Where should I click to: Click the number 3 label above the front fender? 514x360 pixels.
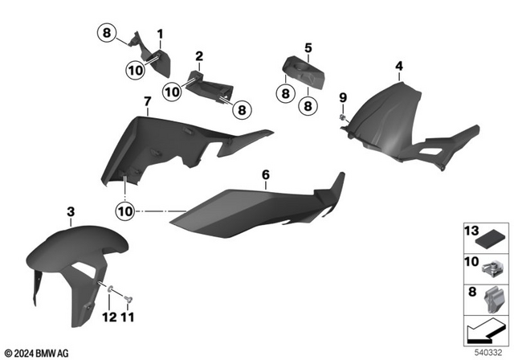point(71,211)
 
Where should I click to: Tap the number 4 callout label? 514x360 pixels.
point(398,65)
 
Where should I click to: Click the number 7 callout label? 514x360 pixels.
point(147,101)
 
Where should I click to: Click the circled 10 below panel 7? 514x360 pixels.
point(125,211)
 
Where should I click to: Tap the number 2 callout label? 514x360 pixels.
point(198,57)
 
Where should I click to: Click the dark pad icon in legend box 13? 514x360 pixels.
point(487,239)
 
